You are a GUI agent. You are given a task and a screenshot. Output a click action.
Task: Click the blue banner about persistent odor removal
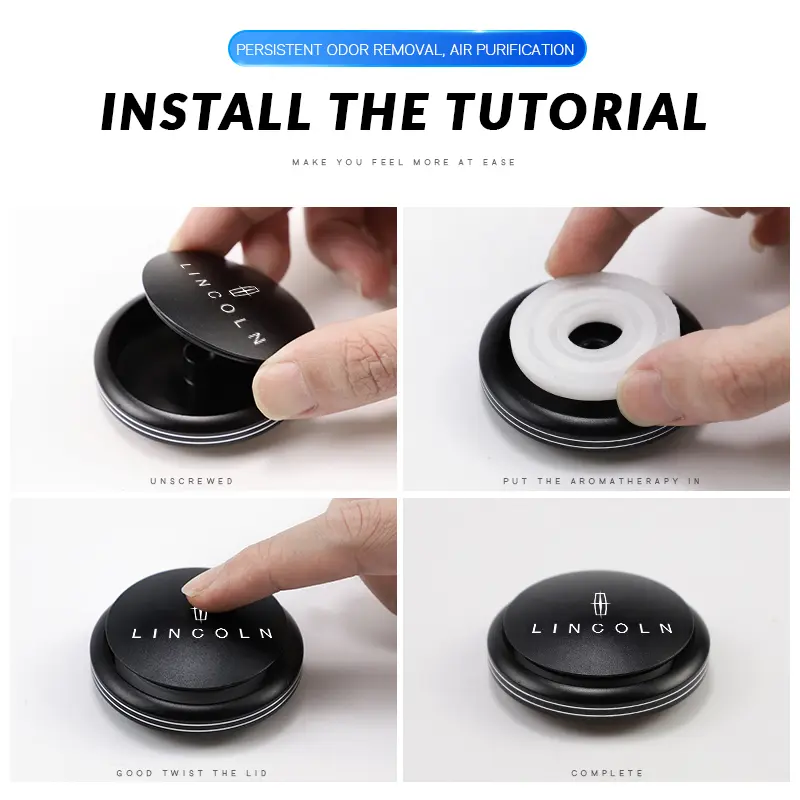pos(407,49)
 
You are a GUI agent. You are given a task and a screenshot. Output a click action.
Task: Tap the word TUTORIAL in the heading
pos(577,111)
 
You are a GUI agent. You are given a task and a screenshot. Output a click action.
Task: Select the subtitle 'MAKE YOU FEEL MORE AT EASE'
pos(404,162)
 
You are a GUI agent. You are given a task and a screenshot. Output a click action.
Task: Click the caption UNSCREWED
pos(192,481)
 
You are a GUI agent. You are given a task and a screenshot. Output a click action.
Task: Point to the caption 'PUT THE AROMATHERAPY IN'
pos(602,481)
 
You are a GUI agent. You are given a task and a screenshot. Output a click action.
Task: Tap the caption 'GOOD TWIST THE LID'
pos(192,773)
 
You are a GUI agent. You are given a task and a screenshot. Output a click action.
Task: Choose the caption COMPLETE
pos(607,773)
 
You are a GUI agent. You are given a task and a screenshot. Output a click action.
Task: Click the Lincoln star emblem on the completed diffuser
pos(600,605)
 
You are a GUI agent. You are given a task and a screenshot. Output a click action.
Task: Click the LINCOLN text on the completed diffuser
pos(602,628)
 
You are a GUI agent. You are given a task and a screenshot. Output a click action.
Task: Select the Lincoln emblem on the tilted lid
pos(244,291)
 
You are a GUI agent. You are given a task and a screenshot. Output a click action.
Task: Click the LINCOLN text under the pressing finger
pos(202,633)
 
